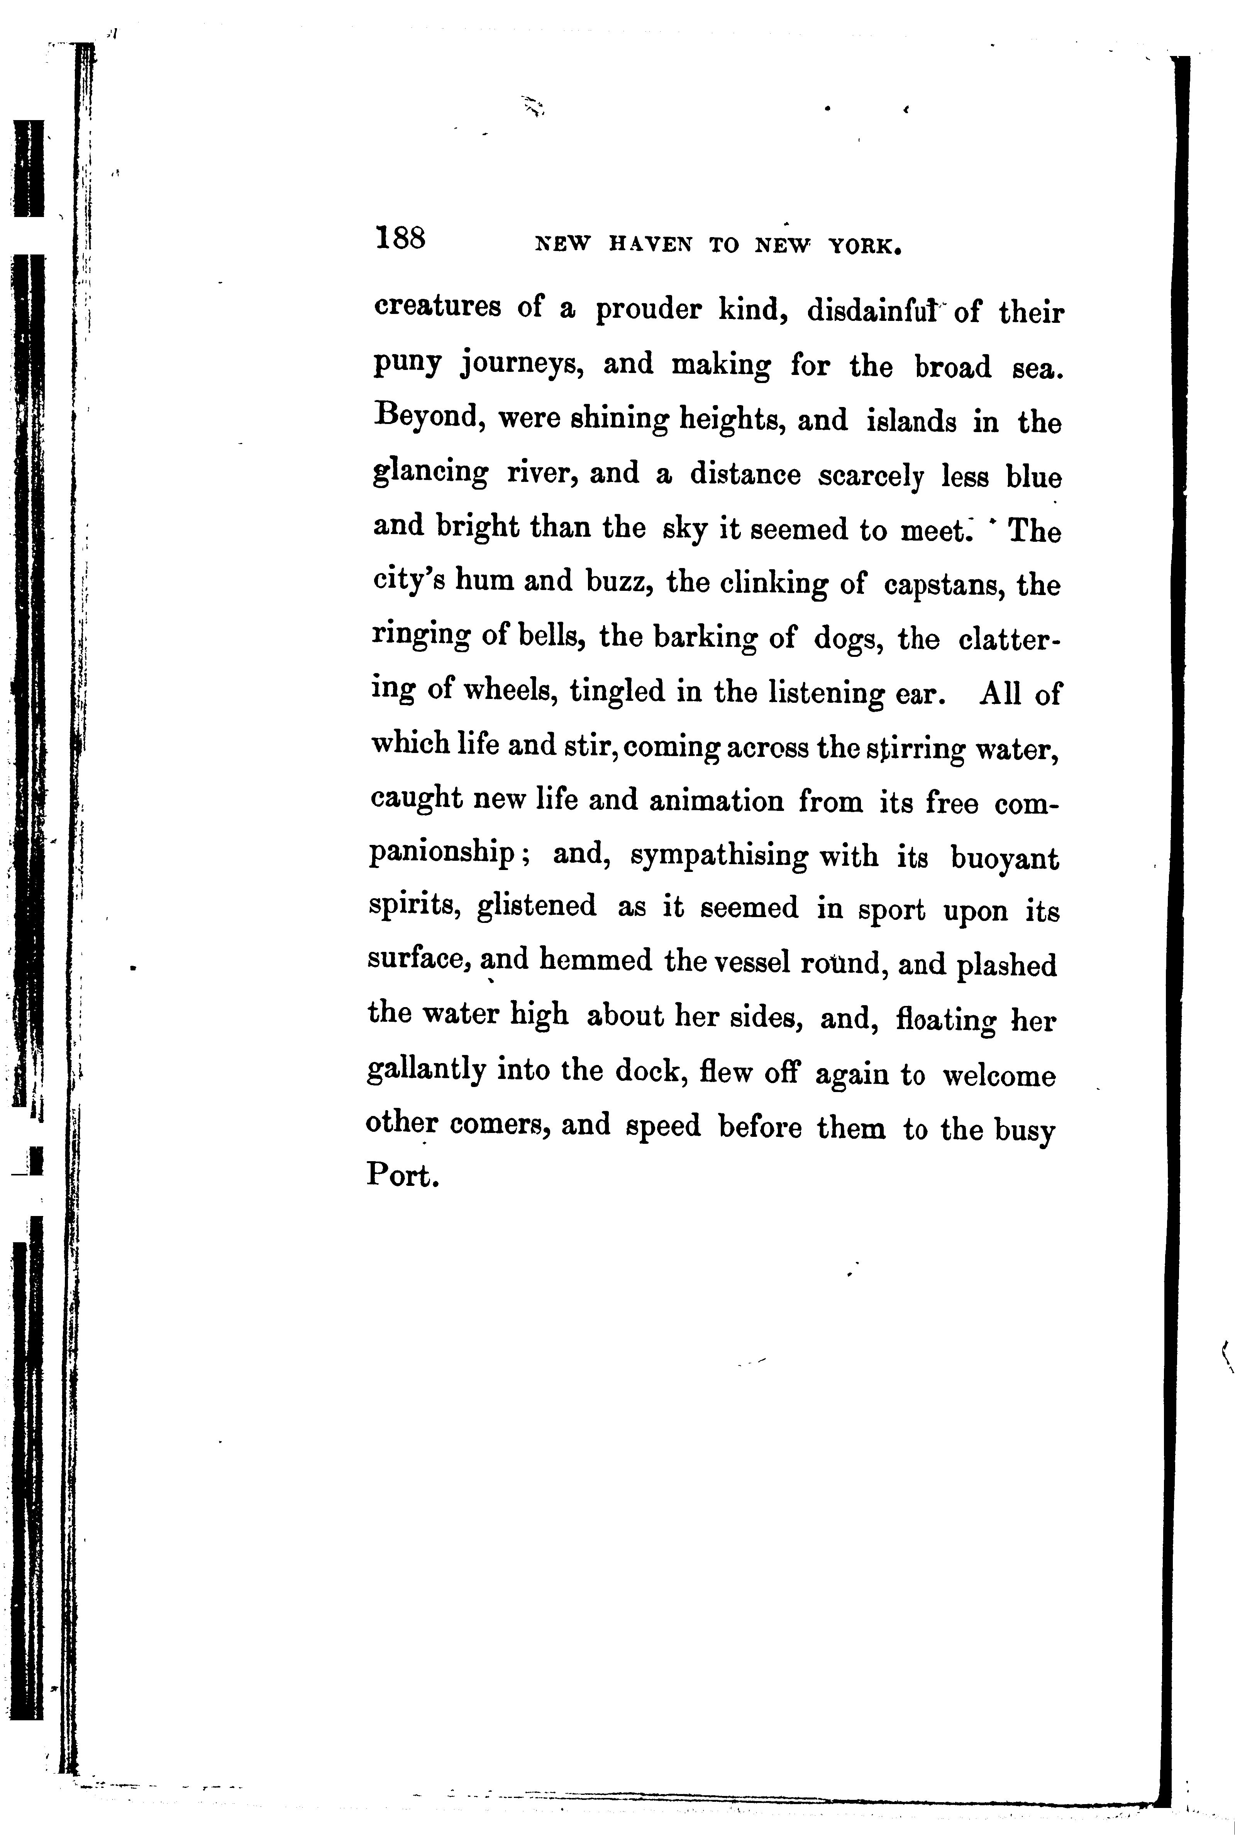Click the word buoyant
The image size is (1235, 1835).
1004,857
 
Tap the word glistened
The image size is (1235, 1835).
536,906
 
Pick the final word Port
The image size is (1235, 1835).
400,1175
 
